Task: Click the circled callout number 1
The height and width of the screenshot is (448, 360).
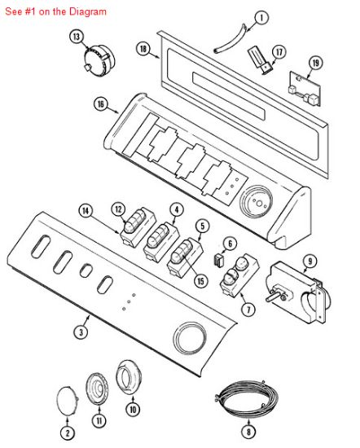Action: click(x=261, y=18)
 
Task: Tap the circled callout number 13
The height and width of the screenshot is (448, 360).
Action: click(x=77, y=37)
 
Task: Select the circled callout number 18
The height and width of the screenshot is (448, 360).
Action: click(x=143, y=49)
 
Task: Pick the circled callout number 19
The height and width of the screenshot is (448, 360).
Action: click(x=315, y=63)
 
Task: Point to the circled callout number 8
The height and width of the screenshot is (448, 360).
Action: click(x=248, y=432)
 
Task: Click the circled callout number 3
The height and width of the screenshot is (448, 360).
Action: click(x=81, y=332)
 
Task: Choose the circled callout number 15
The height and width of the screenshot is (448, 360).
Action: click(x=200, y=281)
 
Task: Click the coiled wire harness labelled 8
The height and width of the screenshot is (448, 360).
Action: click(x=246, y=398)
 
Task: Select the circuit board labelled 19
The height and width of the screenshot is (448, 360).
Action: click(x=305, y=89)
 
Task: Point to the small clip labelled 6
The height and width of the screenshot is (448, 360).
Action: click(x=219, y=260)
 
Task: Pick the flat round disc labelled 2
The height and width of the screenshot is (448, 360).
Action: click(x=68, y=400)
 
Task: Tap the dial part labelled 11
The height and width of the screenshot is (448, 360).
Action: click(x=98, y=389)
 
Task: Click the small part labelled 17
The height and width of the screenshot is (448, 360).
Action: click(x=260, y=60)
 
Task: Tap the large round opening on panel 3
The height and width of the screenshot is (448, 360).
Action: click(x=190, y=338)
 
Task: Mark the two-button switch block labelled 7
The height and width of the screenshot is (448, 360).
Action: click(x=239, y=276)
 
